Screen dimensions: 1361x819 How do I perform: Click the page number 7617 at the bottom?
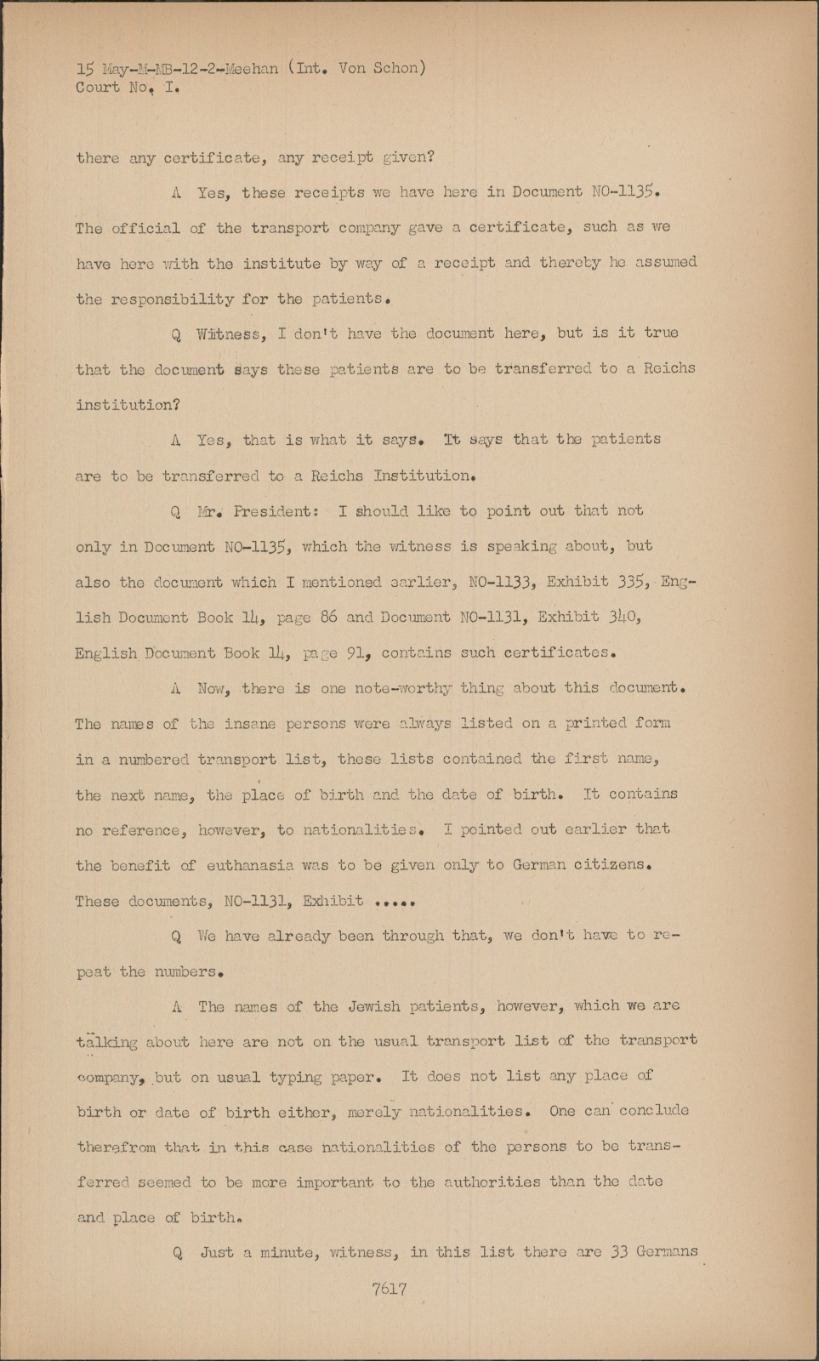pyautogui.click(x=389, y=1289)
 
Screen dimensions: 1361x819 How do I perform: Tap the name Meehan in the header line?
pyautogui.click(x=250, y=69)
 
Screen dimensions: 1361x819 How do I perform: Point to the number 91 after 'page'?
pyautogui.click(x=352, y=653)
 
